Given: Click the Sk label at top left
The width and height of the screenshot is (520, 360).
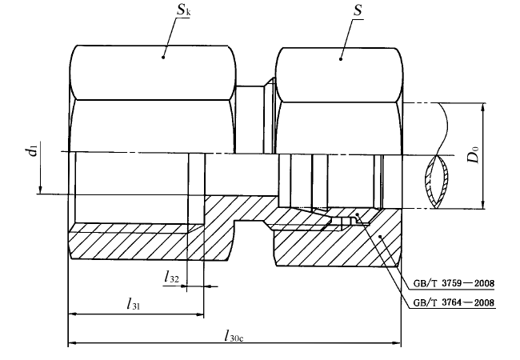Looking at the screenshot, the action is click(x=183, y=10).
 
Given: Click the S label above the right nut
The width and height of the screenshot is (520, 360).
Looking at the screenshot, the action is click(x=358, y=10).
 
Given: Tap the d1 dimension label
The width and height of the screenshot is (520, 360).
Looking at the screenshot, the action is click(x=31, y=151).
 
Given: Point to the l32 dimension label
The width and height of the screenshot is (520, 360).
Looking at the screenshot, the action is click(x=171, y=277).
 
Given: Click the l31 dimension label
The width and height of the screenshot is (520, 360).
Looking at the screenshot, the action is click(x=134, y=303).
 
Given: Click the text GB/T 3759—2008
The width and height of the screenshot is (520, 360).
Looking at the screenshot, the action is click(x=454, y=283).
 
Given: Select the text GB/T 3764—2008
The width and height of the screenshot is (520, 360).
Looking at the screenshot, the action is click(x=454, y=302).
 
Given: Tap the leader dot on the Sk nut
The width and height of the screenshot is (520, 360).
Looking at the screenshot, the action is click(x=163, y=57).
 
